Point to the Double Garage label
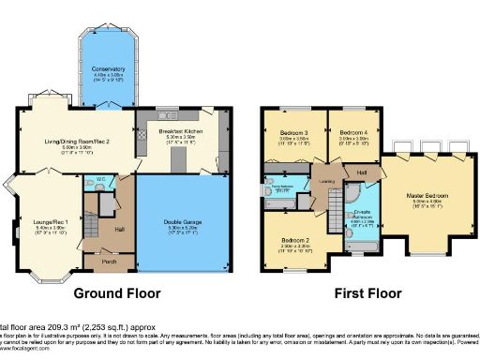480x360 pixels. (x=181, y=221)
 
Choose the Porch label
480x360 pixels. (x=110, y=260)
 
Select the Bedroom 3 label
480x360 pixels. (x=292, y=132)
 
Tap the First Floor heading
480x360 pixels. (x=367, y=292)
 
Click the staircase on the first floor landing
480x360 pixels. (x=335, y=201)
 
